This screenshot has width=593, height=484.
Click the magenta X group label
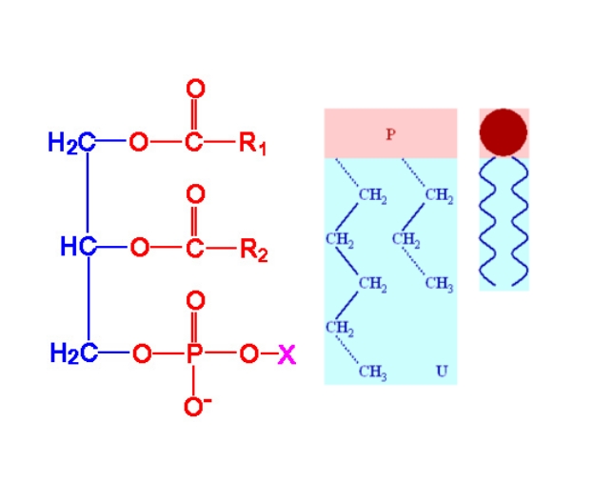287,354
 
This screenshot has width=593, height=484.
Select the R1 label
252,143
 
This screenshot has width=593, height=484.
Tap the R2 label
254,250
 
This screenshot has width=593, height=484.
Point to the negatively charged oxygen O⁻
197,406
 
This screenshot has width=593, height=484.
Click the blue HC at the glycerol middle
79,247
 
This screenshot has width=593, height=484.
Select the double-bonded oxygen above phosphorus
195,301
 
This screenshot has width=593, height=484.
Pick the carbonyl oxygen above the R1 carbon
195,89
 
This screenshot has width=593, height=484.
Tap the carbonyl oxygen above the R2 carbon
195,194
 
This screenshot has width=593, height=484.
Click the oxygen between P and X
248,353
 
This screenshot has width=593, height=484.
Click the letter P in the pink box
390,134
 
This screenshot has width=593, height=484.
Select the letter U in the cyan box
442,371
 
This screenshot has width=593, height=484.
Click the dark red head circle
504,132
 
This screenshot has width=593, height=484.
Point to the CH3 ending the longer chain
372,372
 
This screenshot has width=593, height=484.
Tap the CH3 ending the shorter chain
439,283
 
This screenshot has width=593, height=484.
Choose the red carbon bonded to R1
193,142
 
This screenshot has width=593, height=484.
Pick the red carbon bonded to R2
194,249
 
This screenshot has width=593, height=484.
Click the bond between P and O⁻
194,380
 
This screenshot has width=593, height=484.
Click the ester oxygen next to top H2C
139,142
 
